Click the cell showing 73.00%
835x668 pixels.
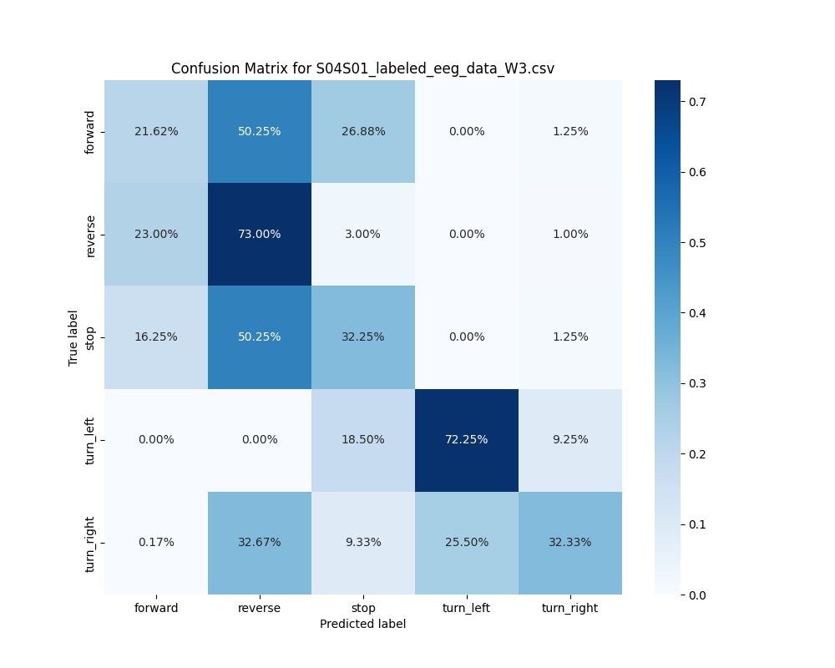coord(260,235)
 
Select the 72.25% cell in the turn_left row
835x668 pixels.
coord(467,440)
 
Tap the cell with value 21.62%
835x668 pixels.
coord(156,132)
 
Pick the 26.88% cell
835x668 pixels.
coord(363,132)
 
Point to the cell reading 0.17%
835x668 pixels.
coord(156,543)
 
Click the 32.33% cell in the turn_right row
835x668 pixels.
coord(570,543)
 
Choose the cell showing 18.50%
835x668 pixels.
coord(363,440)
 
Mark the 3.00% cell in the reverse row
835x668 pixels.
coord(363,235)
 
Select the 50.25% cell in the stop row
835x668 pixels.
coord(260,337)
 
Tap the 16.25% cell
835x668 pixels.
coord(156,337)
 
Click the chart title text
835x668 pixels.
coord(362,69)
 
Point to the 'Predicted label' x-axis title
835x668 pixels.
coord(362,625)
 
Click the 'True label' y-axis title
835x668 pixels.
coord(73,337)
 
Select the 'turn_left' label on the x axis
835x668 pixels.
coord(467,608)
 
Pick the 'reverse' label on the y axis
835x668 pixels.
coord(91,235)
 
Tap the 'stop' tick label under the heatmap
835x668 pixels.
coord(363,608)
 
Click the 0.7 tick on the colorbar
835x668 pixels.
coord(697,102)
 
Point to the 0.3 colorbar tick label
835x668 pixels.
coord(697,383)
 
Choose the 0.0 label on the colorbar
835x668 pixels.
coord(697,595)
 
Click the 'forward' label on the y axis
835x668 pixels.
coord(91,132)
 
